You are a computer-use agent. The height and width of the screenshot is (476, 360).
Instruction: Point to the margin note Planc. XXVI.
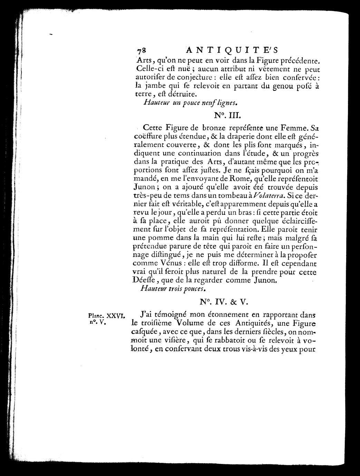[106, 315]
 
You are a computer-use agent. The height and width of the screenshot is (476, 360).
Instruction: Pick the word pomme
[160, 237]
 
